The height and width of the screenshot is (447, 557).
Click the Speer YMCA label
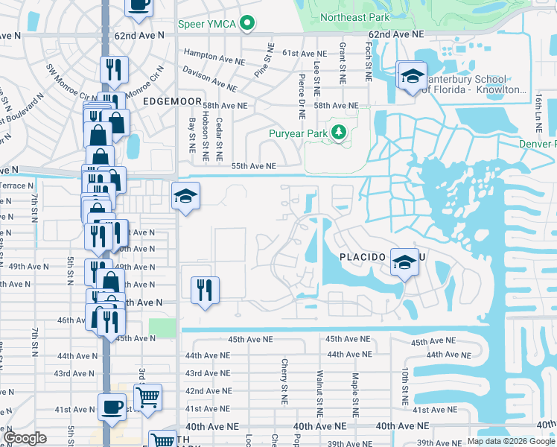point(207,24)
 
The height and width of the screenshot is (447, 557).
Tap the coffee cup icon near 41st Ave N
point(112,407)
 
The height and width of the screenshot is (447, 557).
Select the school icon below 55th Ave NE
point(185,196)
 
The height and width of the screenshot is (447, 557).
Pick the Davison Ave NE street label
point(209,76)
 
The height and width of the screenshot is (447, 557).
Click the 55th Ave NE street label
point(253,167)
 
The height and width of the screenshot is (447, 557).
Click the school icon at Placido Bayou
point(404,262)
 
